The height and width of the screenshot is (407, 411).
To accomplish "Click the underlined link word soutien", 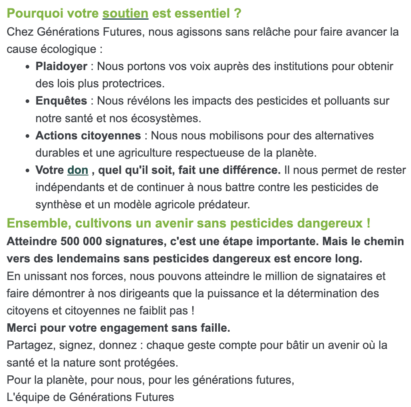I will (125, 14).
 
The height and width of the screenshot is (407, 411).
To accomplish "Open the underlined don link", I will (78, 170).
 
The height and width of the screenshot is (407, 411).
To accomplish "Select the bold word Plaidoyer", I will (61, 66).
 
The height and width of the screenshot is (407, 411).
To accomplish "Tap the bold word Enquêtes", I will (61, 101).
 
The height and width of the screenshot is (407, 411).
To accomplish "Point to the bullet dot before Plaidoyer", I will (27, 67).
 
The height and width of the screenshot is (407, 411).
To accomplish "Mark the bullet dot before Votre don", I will (27, 171).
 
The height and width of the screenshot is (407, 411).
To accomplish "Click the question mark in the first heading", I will (238, 14).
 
